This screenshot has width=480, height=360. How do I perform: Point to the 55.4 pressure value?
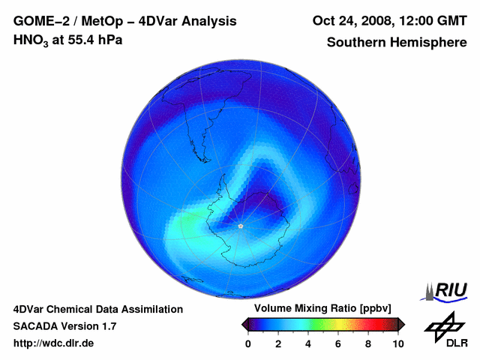(76, 40)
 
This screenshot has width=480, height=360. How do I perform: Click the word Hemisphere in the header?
(430, 42)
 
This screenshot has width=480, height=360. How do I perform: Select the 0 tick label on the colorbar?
(248, 343)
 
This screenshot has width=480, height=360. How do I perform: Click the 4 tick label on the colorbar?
(308, 343)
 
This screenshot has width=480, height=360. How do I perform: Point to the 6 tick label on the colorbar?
(338, 343)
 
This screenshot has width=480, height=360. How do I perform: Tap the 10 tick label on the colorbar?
(398, 343)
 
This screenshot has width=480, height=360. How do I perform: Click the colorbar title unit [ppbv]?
(376, 309)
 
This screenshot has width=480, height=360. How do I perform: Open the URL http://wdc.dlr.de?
(54, 343)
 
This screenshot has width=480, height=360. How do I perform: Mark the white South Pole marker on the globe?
(240, 225)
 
